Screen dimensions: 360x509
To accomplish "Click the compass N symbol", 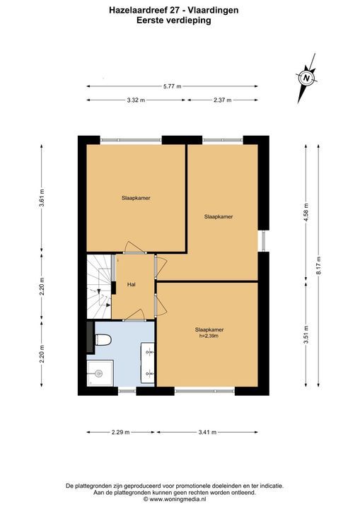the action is click(306, 78).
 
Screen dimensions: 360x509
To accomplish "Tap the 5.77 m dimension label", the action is click(172, 86).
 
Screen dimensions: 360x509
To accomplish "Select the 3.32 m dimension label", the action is click(136, 100).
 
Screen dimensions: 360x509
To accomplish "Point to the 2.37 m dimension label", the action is click(223, 100).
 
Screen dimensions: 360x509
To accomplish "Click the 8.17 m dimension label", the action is click(319, 266).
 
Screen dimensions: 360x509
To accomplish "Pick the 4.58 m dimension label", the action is click(306, 211).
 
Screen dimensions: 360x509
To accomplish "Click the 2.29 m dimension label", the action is click(120, 432).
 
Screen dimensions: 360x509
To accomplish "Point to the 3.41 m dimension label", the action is click(207, 432).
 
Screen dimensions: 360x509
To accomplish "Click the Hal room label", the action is click(132, 285).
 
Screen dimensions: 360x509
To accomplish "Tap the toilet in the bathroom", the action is click(103, 340).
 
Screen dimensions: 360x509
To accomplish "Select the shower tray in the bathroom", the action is click(100, 373).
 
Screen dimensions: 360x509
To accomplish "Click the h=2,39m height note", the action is click(209, 337).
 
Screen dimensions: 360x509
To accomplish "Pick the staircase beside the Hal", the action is click(99, 286).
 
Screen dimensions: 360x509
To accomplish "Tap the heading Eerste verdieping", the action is click(174, 21).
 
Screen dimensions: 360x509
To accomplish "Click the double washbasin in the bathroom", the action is click(148, 363).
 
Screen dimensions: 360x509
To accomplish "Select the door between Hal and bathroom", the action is click(134, 315).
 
